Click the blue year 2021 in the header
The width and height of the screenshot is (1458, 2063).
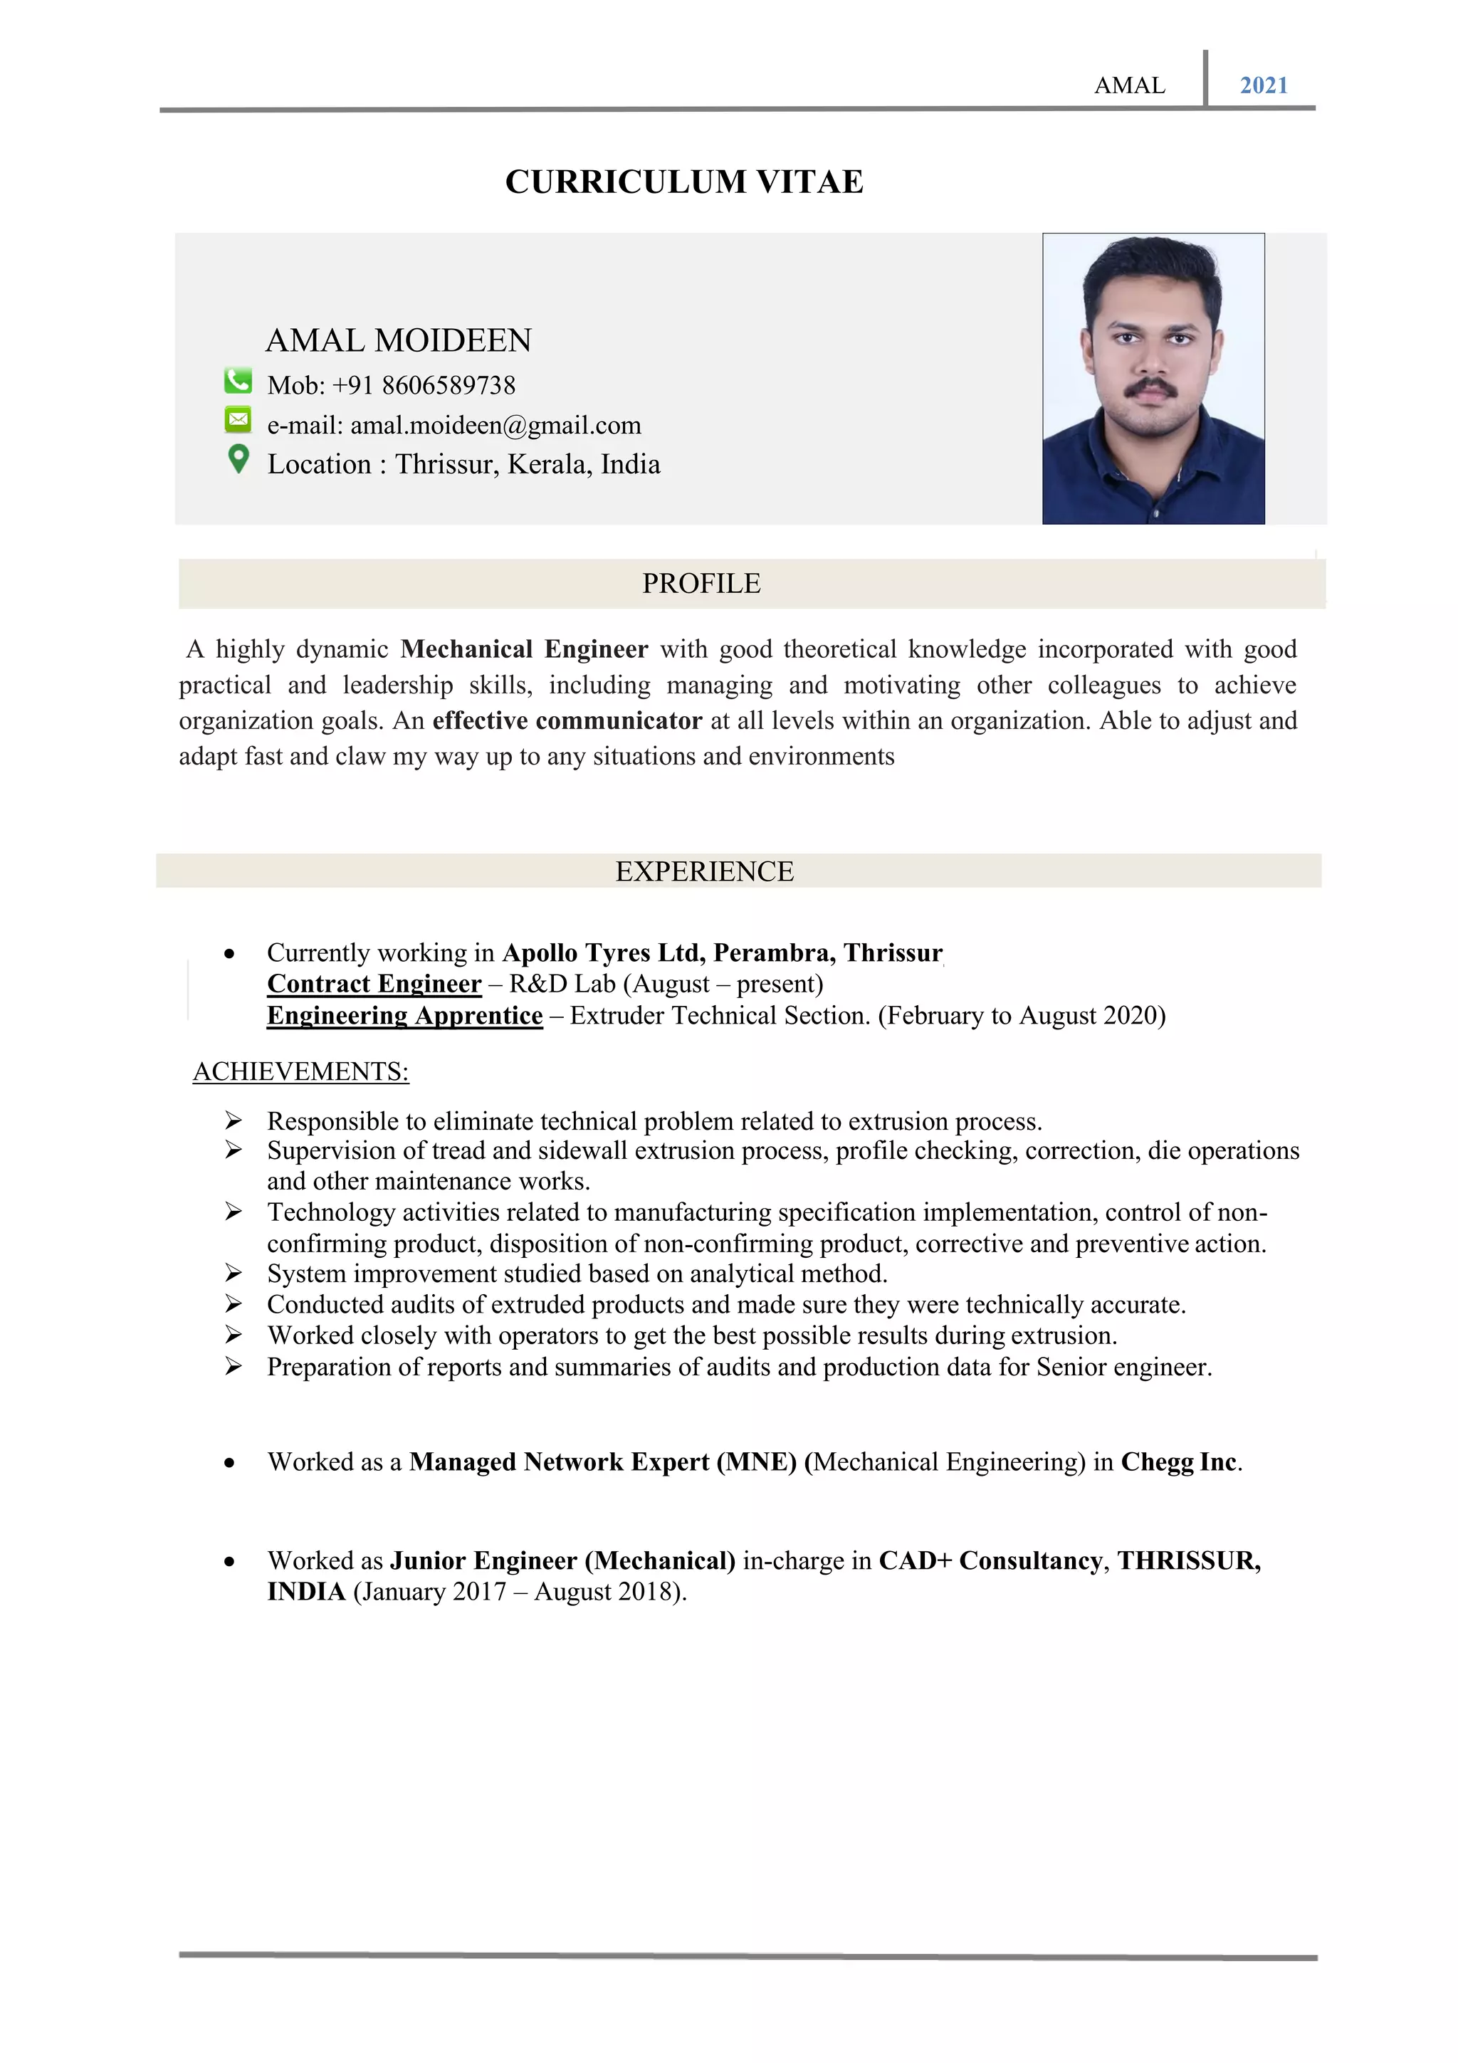point(1263,85)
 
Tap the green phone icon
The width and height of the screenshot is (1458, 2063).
point(237,381)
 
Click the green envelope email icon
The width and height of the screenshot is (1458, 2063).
point(237,419)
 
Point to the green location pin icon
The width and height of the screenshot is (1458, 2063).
point(238,459)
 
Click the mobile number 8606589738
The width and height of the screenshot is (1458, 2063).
point(449,385)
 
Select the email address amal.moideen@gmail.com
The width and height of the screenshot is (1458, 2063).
point(495,425)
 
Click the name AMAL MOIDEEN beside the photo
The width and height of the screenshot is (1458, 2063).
point(398,340)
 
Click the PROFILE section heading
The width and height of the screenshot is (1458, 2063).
point(701,584)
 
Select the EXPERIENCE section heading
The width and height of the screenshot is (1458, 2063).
point(704,871)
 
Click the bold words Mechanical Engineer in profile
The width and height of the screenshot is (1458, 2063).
point(524,649)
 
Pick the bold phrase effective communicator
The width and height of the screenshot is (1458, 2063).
point(567,720)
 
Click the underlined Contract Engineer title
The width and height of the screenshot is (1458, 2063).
point(374,984)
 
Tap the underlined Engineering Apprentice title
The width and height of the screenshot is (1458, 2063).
point(404,1015)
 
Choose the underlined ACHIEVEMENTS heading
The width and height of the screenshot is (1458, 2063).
point(301,1071)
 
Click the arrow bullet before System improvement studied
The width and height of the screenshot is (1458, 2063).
point(234,1274)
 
